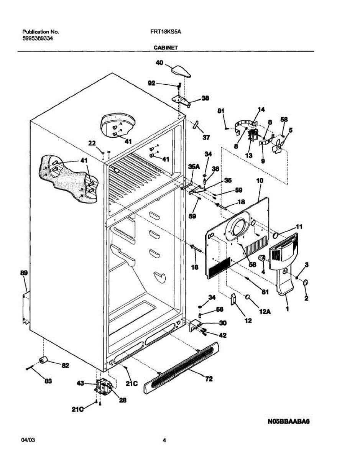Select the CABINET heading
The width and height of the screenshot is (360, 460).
[x=166, y=48]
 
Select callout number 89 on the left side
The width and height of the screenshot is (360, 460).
[x=24, y=273]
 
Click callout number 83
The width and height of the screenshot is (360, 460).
[x=48, y=381]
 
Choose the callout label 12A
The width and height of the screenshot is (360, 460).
[x=264, y=312]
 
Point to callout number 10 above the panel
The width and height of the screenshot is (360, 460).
[x=260, y=180]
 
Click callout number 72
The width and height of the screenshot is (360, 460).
[x=209, y=379]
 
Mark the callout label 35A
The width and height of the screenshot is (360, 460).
[x=194, y=167]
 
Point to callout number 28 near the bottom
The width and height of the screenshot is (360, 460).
[x=122, y=401]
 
